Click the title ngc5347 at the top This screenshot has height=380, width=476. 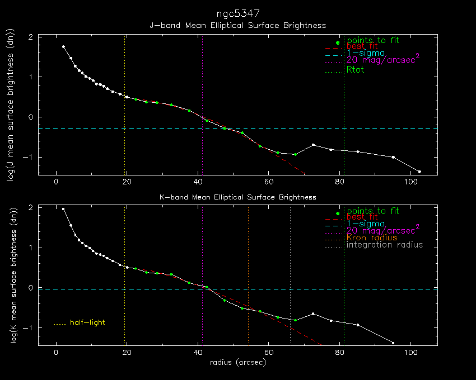coord(238,13)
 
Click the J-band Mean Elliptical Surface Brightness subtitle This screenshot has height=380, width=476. coord(238,26)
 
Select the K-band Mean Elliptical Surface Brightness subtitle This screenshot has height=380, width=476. coord(238,197)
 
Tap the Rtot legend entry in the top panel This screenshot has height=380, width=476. coord(356,70)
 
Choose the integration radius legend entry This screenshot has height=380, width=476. coord(385,245)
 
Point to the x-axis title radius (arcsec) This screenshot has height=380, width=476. coord(238,362)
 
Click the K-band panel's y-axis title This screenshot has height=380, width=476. coord(9,275)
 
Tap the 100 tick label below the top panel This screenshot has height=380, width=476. coord(411,182)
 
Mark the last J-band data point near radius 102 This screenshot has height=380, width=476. coord(419,172)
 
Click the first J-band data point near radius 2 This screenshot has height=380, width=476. coord(63,47)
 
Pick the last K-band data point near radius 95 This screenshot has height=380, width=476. coord(393,343)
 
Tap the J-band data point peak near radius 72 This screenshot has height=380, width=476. coord(313,145)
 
